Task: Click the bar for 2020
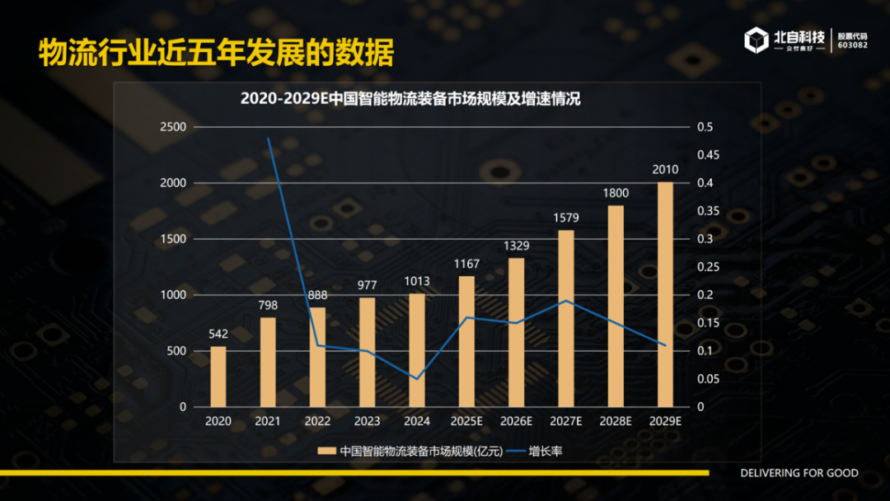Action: (218, 377)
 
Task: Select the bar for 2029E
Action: (665, 294)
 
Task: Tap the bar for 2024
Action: (417, 350)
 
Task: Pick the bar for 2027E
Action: (566, 318)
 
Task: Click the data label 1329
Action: (517, 246)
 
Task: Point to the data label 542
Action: (218, 334)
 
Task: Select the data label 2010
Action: (665, 170)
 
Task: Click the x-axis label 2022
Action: (317, 421)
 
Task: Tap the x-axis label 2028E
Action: (616, 421)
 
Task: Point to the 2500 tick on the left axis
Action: (174, 127)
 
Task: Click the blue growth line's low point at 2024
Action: (417, 379)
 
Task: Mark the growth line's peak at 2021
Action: (268, 138)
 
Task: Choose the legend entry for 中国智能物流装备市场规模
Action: (404, 451)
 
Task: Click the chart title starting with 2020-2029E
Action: (410, 99)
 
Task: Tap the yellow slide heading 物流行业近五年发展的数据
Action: (216, 52)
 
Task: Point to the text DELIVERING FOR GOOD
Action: (799, 473)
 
